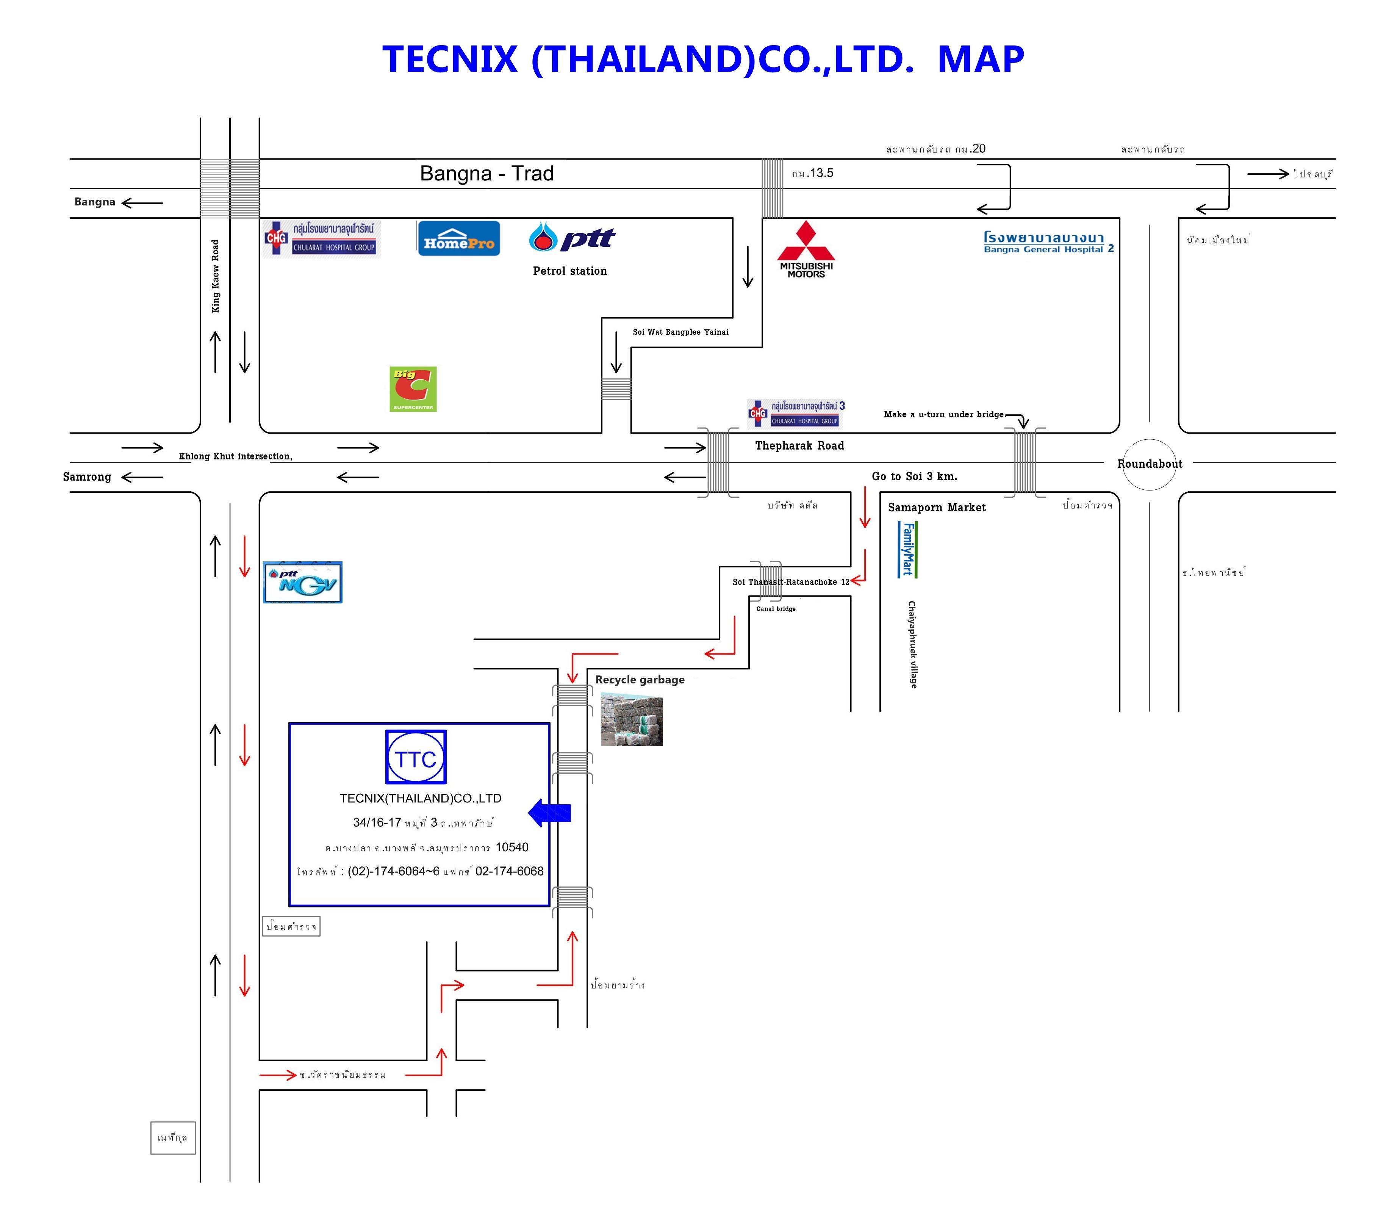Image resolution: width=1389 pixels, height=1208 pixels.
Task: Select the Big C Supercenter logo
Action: [x=413, y=389]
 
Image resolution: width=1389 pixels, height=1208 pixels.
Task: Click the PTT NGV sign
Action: [x=303, y=582]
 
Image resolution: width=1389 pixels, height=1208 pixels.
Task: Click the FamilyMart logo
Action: [x=907, y=549]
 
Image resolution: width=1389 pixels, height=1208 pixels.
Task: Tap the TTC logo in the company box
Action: [x=416, y=757]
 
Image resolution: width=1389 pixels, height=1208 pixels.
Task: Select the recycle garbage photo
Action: [x=632, y=721]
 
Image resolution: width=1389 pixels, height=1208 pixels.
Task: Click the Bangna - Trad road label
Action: [x=486, y=174]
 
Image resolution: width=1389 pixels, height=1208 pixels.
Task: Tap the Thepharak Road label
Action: [x=799, y=446]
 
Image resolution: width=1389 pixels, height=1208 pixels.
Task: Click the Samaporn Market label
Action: [x=936, y=508]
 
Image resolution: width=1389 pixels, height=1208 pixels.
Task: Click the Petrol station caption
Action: [x=569, y=271]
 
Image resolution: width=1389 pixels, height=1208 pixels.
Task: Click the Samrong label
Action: [x=87, y=476]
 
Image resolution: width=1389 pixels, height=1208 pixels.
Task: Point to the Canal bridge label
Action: [x=776, y=609]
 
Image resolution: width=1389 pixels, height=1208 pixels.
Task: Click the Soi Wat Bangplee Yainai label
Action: [x=680, y=332]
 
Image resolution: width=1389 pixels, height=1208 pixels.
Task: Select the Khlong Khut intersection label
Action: [x=235, y=456]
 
